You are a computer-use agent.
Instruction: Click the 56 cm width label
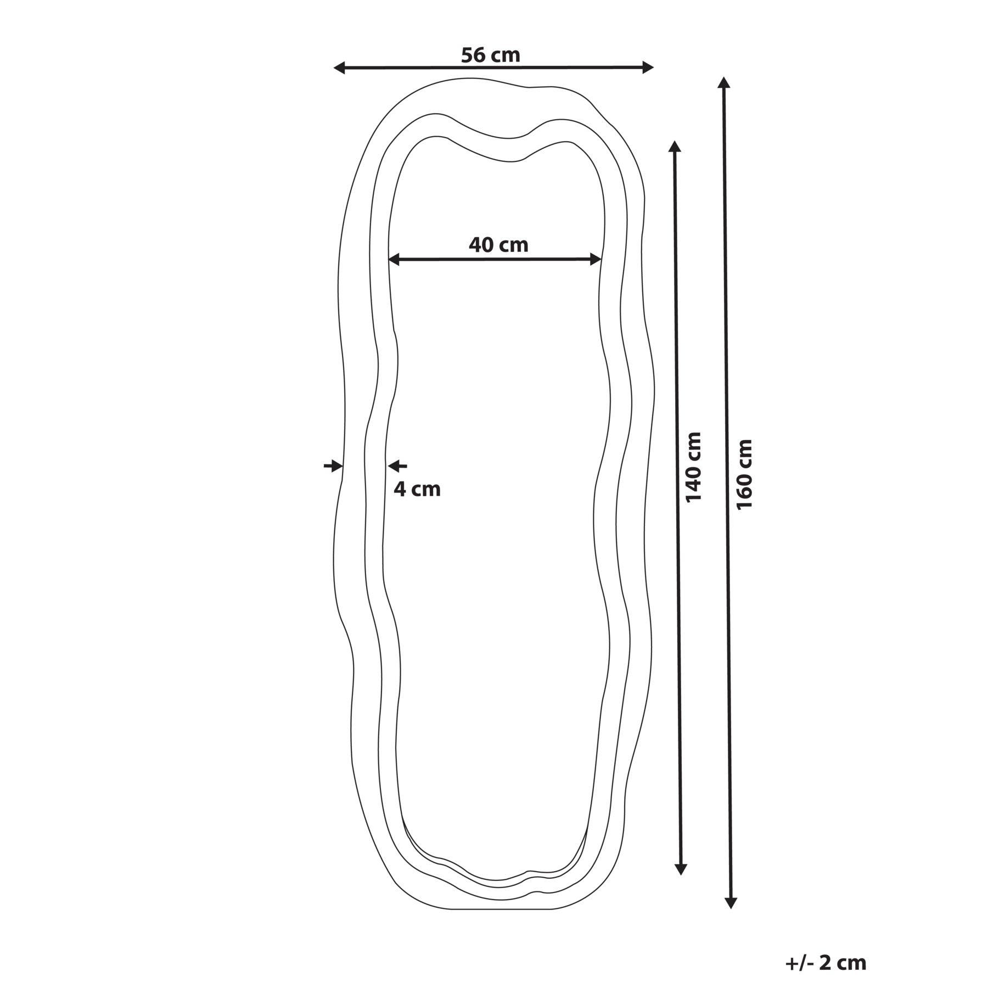pyautogui.click(x=490, y=55)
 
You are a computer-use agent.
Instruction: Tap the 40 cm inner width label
pyautogui.click(x=498, y=245)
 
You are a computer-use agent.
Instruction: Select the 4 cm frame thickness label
pyautogui.click(x=417, y=489)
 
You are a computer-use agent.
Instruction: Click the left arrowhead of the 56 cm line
pyautogui.click(x=339, y=68)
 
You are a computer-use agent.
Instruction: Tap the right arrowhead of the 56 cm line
pyautogui.click(x=648, y=68)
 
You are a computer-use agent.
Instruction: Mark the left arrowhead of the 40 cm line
pyautogui.click(x=394, y=260)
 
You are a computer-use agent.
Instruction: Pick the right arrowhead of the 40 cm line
pyautogui.click(x=596, y=259)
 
